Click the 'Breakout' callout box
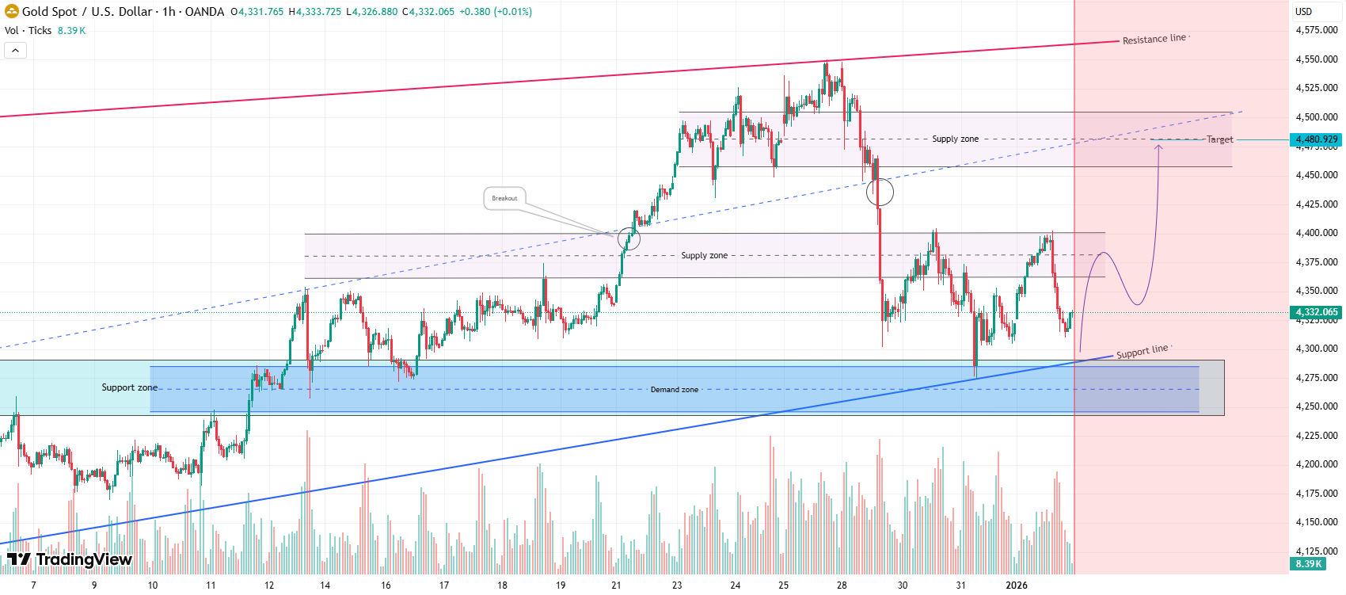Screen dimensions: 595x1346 tap(504, 198)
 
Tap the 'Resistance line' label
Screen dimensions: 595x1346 tap(1154, 39)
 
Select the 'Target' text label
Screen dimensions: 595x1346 tap(1219, 139)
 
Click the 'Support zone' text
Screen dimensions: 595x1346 tap(129, 387)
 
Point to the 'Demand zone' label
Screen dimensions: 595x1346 tap(675, 390)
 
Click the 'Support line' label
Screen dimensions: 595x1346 tap(1142, 351)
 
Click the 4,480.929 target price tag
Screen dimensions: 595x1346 tap(1316, 139)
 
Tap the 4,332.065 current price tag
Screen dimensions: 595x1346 tap(1316, 312)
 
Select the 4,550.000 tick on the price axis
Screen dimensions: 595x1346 tap(1316, 59)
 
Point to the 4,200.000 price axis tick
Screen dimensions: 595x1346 tap(1316, 464)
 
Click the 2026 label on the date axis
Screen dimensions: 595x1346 tap(1017, 585)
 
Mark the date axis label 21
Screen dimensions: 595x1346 tap(616, 585)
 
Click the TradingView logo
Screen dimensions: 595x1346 tap(70, 559)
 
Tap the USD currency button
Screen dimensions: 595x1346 tap(1303, 12)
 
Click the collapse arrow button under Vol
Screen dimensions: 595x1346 tap(16, 51)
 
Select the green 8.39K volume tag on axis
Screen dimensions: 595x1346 tap(1309, 564)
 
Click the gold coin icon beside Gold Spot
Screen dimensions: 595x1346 tap(11, 12)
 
